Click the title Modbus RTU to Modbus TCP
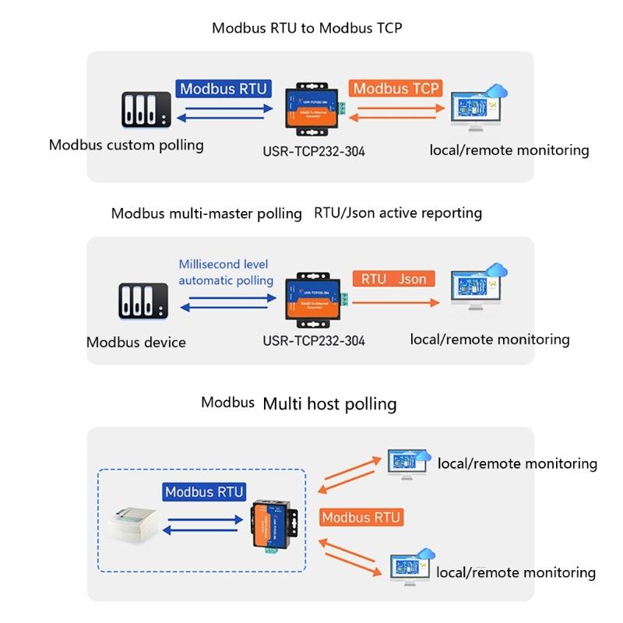307,28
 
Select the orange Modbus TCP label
396,88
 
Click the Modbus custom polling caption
126,145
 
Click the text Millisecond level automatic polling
226,272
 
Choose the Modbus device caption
136,342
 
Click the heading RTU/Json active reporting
398,213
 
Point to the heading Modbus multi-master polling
206,213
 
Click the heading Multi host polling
329,403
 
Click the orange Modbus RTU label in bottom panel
361,517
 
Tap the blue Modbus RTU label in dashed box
205,492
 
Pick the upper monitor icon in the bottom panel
406,463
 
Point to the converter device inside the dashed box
274,523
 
